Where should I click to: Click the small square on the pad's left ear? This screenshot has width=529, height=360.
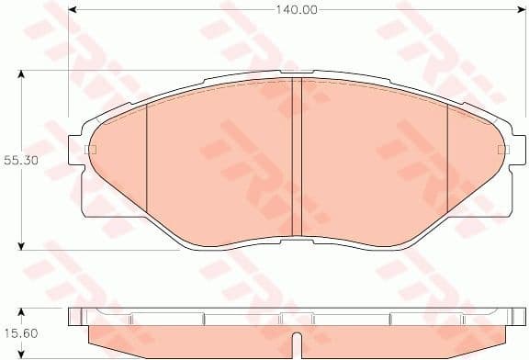(x=89, y=150)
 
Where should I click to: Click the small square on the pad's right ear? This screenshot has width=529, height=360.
(x=501, y=149)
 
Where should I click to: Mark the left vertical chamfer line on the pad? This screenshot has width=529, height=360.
(x=146, y=161)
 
